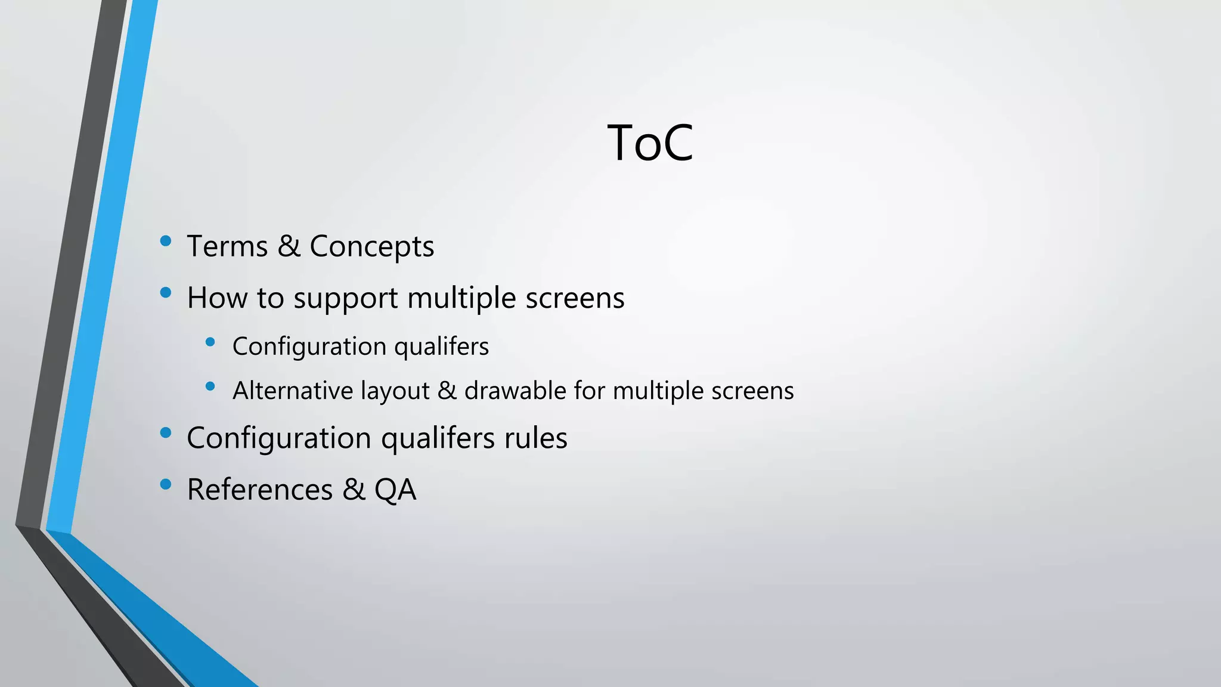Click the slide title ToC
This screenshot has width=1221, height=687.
650,143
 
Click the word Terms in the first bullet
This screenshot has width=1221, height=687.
227,246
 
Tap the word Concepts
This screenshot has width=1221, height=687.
371,247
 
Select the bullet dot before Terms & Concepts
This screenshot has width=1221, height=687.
166,241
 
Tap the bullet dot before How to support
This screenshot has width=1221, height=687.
166,292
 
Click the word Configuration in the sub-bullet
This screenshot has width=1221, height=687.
309,347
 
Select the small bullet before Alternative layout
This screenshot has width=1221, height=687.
210,386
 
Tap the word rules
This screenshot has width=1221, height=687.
535,438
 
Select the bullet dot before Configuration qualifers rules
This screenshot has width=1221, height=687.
166,432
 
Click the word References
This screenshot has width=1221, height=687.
260,490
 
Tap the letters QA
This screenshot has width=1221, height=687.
395,490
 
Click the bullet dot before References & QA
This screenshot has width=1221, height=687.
166,484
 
